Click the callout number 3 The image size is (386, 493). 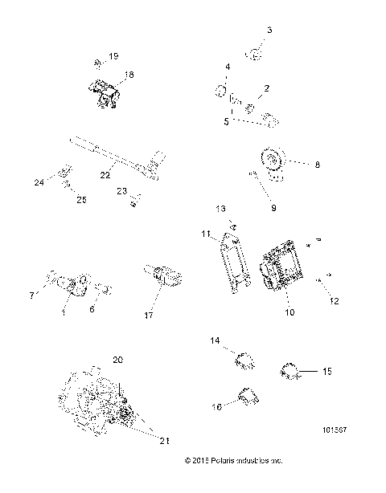(x=269, y=30)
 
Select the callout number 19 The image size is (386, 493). (x=113, y=55)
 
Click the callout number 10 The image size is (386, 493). (x=289, y=311)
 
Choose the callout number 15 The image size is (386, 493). (x=327, y=372)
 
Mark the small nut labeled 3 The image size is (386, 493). (x=256, y=54)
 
